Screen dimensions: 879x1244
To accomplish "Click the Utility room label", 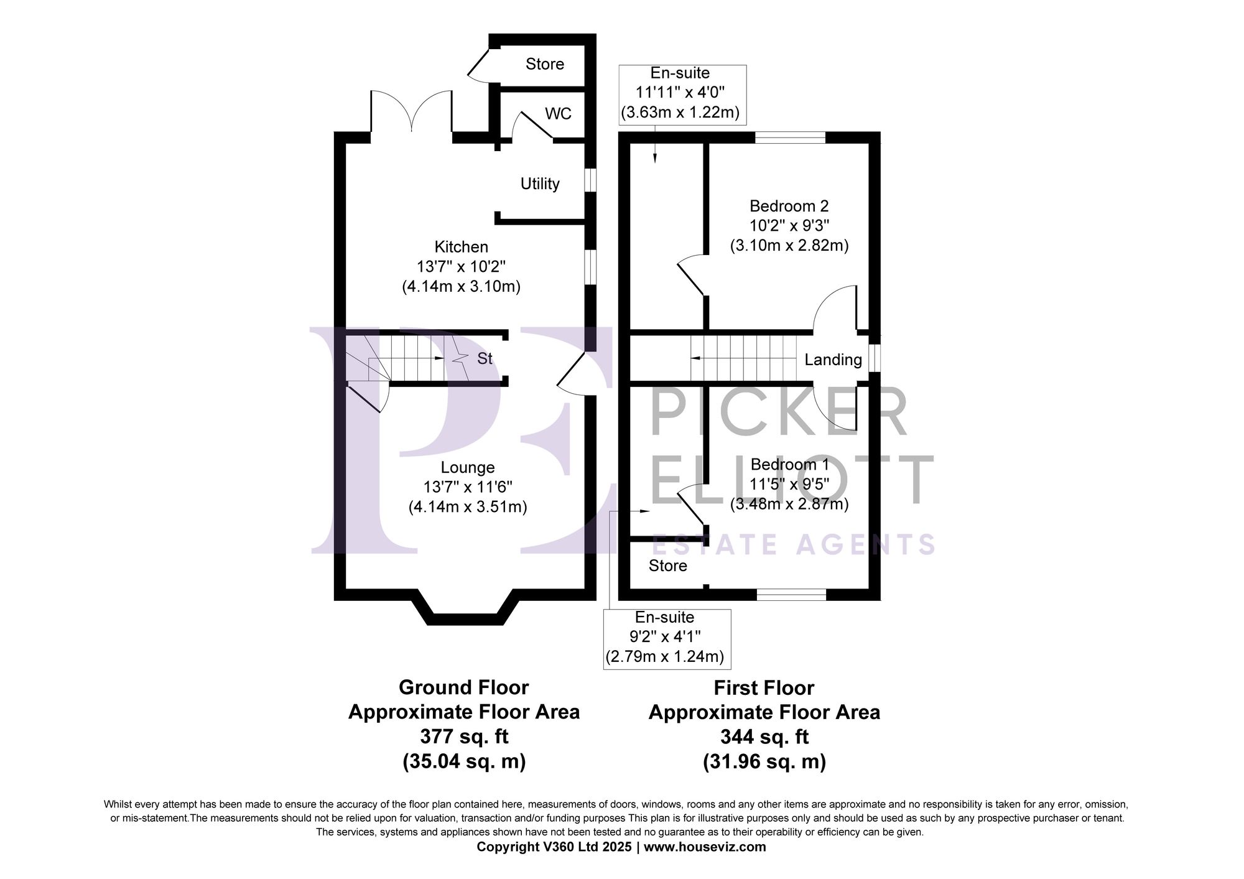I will point(540,184).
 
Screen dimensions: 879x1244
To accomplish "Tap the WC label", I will point(558,114).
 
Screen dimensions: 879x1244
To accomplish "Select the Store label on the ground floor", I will point(544,64).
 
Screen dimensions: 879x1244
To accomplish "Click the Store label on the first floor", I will point(667,565).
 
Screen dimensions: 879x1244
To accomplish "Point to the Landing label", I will point(833,360).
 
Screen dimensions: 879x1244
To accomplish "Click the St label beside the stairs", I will point(485,358).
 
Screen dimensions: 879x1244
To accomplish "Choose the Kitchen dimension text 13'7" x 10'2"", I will point(461,267).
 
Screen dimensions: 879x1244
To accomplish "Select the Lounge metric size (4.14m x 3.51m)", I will point(468,507).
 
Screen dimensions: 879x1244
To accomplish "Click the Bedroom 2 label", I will point(789,206).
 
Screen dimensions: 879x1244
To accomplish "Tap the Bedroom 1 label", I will point(789,465).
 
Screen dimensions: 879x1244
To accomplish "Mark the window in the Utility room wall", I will point(590,180).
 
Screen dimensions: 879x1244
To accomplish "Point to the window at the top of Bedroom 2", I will point(790,137).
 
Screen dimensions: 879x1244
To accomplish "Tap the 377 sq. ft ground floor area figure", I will point(464,737).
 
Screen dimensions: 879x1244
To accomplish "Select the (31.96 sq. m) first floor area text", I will point(764,761).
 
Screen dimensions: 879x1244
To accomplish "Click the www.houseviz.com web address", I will point(705,847).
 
